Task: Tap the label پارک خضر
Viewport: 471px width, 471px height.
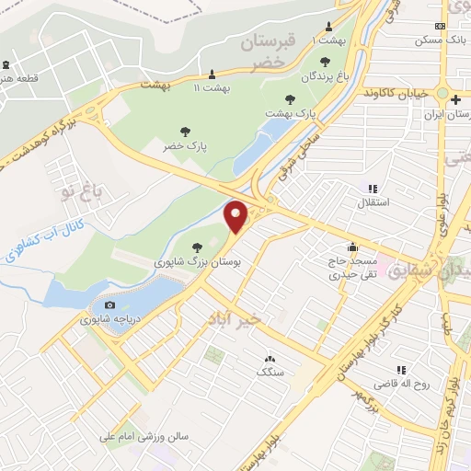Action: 185,147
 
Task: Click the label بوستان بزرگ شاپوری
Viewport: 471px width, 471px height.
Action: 200,263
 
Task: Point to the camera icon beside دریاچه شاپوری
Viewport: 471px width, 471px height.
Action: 110,304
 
